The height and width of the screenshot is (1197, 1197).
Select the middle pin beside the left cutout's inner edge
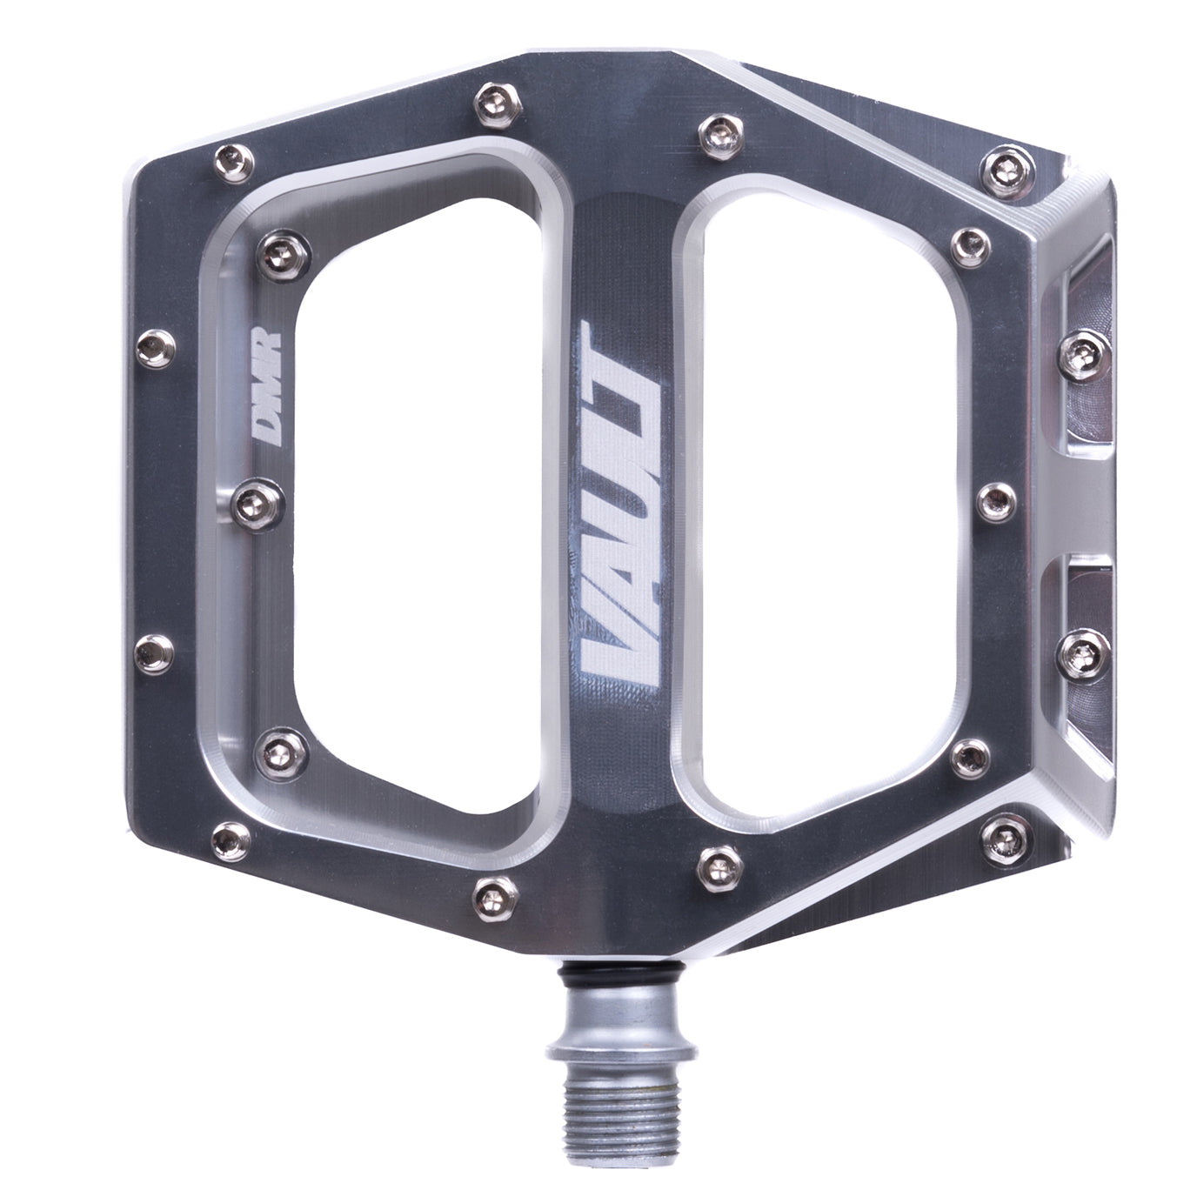point(252,497)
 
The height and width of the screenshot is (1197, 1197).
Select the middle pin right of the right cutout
point(992,498)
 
